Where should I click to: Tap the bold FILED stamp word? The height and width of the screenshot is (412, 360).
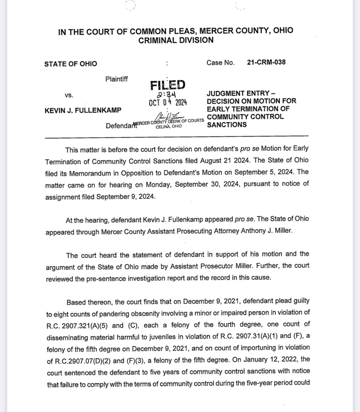coord(168,85)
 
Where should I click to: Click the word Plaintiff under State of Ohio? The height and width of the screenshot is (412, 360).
coord(117,79)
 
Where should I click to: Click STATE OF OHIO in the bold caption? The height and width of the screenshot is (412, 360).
coord(71,64)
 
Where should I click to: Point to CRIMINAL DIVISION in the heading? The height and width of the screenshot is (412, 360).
coord(176,40)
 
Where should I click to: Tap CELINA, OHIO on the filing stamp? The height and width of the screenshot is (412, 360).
coord(169,126)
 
